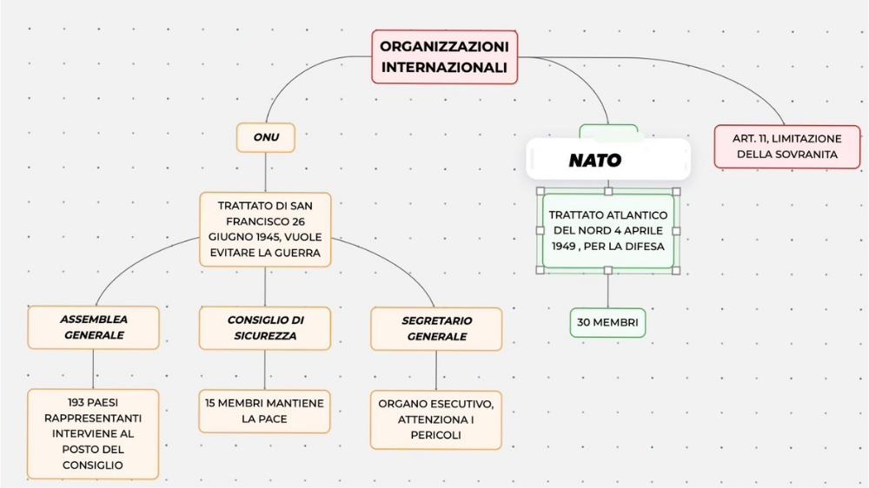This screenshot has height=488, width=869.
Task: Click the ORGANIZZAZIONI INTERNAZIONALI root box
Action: tap(444, 57)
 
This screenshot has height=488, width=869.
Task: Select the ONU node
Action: tap(265, 137)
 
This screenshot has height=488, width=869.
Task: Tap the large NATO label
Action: tap(594, 160)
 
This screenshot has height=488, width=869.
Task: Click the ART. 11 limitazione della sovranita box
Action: tap(787, 147)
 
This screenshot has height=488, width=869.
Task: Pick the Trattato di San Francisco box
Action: tap(265, 229)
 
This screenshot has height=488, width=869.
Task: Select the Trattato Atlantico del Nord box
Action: tap(608, 230)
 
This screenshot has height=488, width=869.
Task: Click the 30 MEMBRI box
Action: tap(607, 322)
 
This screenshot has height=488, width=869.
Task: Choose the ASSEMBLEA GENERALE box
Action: tap(93, 327)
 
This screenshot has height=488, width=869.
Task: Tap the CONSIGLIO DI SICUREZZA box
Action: tap(265, 328)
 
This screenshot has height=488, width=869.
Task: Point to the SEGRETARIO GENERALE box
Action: tap(436, 328)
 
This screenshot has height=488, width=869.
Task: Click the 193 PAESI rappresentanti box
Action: tap(93, 433)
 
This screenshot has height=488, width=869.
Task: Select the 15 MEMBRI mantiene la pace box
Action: tap(264, 411)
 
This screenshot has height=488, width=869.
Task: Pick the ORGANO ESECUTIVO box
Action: tap(435, 419)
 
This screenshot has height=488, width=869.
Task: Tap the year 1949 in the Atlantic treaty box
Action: tap(564, 247)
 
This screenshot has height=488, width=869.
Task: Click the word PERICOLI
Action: tap(435, 435)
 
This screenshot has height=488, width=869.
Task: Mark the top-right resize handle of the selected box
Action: tap(676, 192)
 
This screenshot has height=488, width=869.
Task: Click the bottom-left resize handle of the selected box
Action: tap(541, 270)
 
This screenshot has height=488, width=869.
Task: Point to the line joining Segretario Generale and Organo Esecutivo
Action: tap(436, 371)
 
